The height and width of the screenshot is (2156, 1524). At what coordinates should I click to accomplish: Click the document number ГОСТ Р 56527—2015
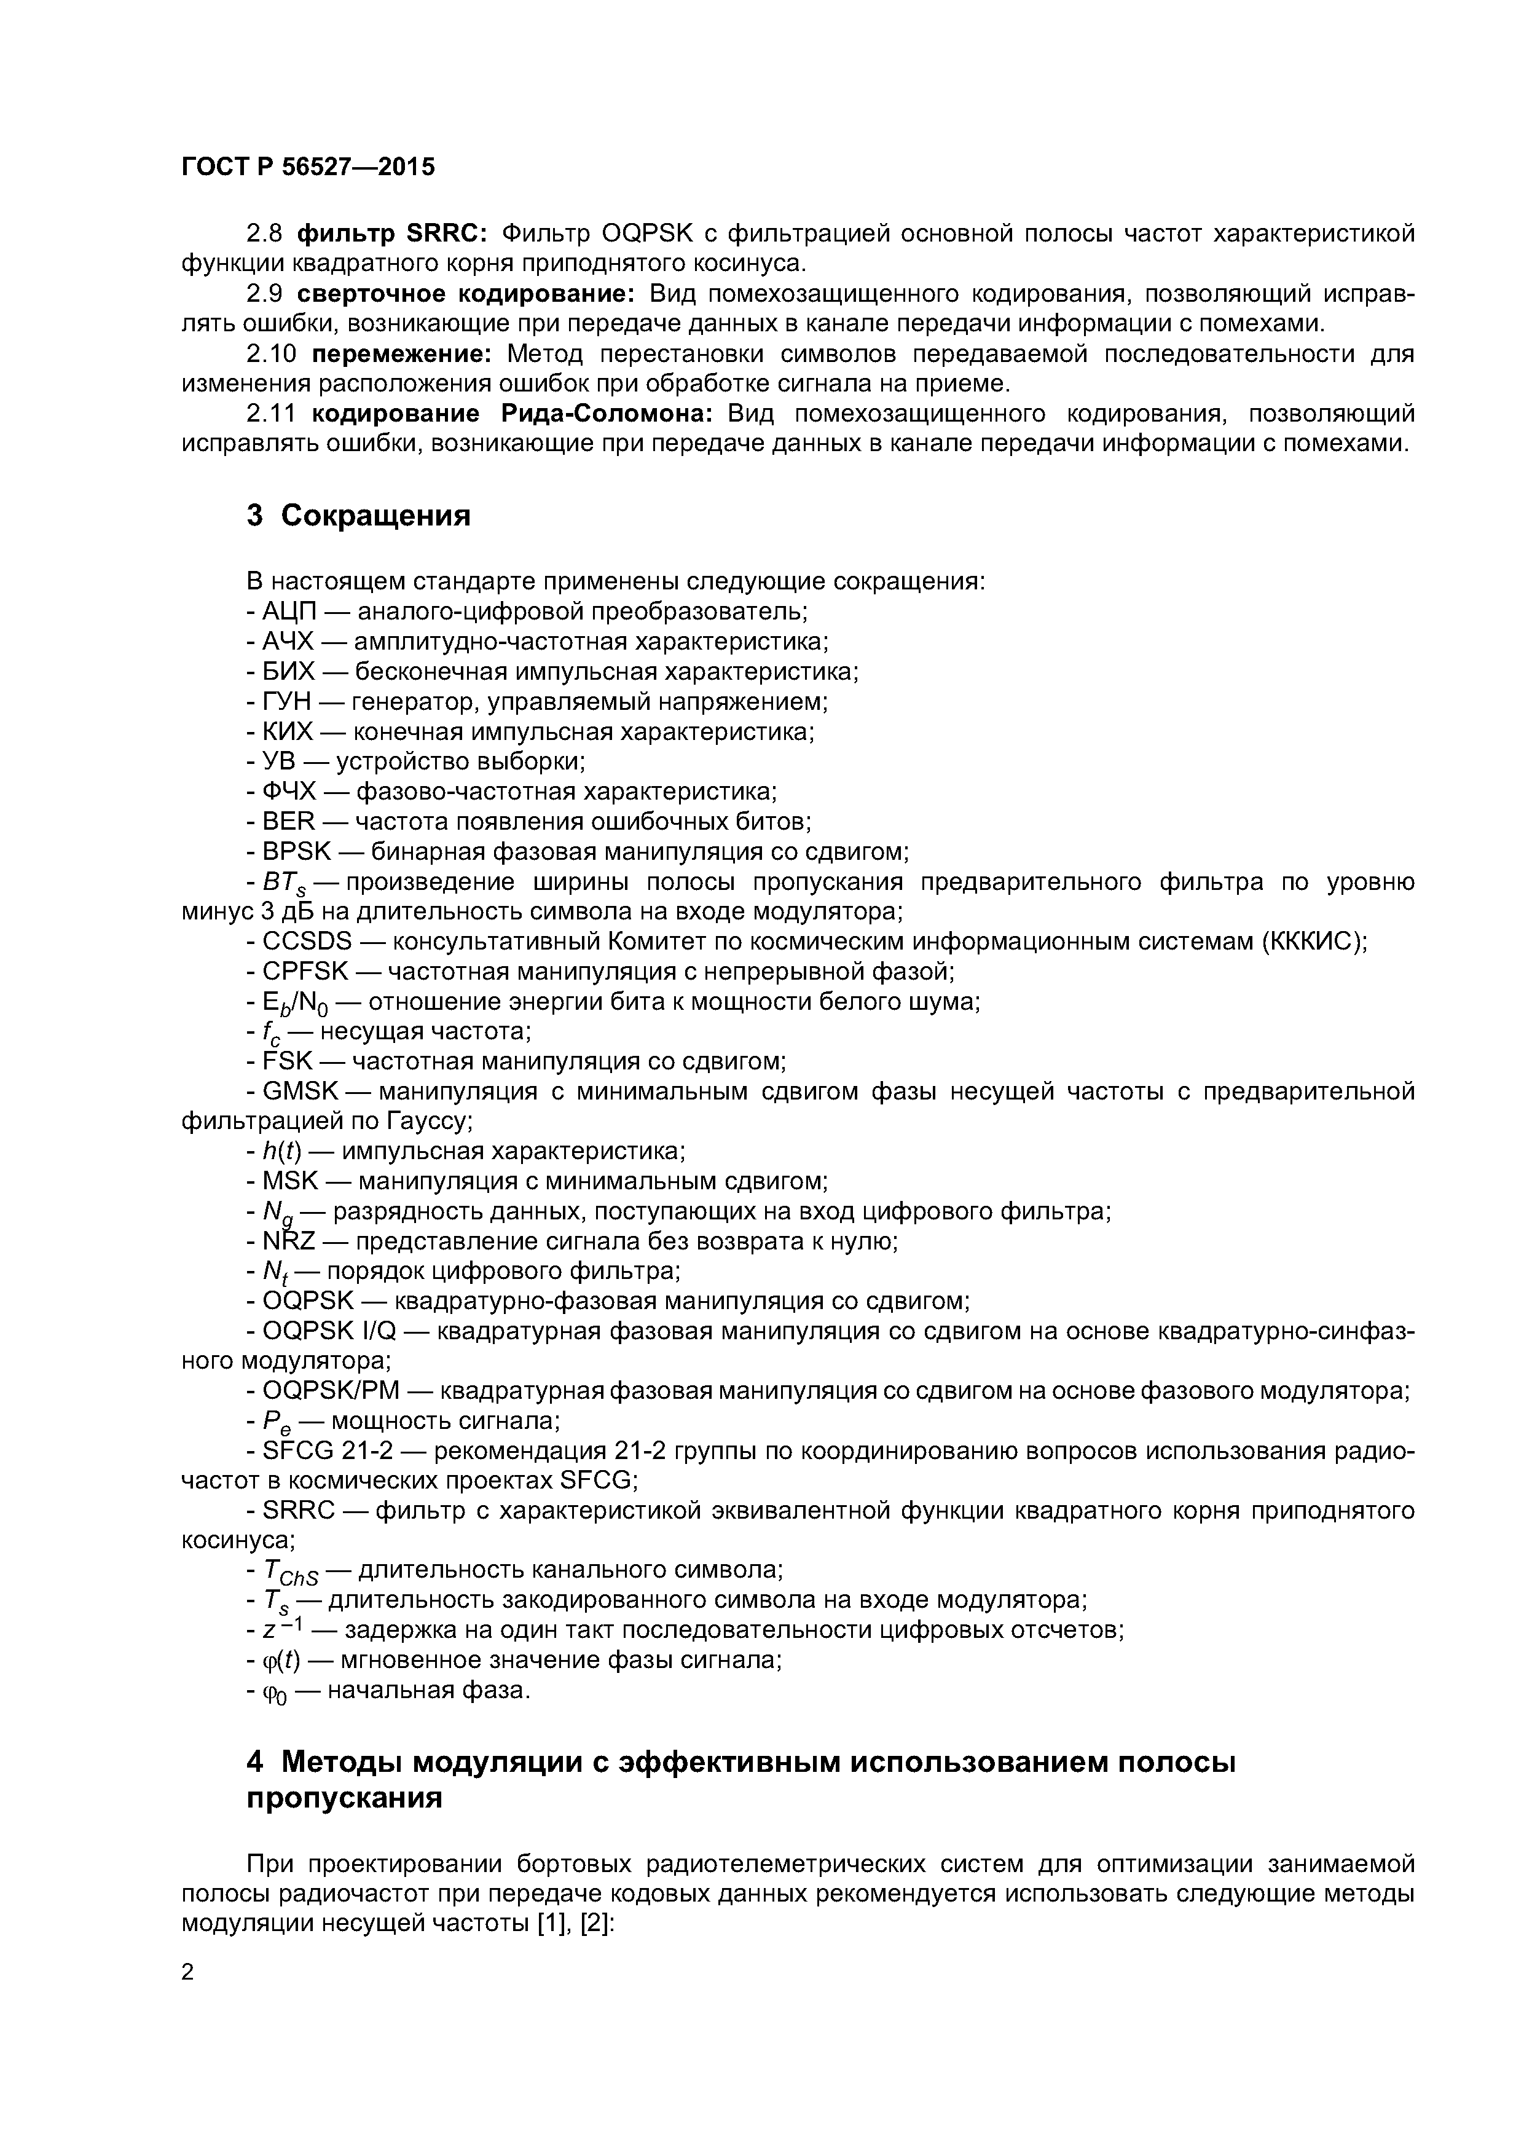click(308, 167)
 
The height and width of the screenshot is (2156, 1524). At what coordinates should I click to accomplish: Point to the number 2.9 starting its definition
click(265, 294)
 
